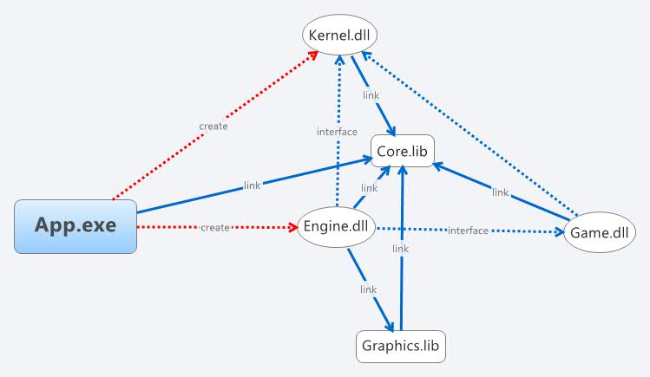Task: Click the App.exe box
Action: (x=76, y=226)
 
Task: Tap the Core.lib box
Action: (x=403, y=151)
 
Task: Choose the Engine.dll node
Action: (x=337, y=228)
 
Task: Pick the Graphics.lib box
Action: (x=401, y=346)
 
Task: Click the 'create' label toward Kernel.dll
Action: (x=213, y=127)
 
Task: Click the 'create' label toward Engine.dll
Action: (x=215, y=228)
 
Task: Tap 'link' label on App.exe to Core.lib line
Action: (x=253, y=185)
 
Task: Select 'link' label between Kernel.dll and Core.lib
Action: (x=370, y=95)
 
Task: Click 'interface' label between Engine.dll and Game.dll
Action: (x=467, y=231)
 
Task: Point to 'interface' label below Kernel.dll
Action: (x=336, y=132)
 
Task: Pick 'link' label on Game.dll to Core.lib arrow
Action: (x=500, y=192)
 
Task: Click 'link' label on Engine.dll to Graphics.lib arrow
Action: (x=368, y=289)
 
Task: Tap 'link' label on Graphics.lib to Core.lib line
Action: (x=400, y=249)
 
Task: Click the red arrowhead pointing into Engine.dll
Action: (x=292, y=228)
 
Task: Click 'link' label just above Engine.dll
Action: (x=369, y=188)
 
